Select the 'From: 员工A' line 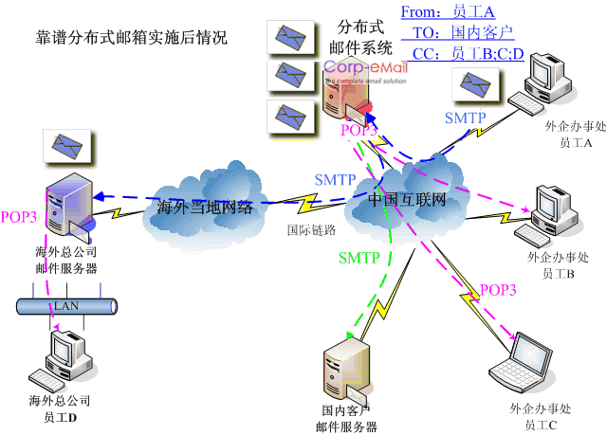coord(448,11)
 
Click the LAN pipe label coord(66,306)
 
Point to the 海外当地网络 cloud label coord(206,208)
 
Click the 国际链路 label coord(311,229)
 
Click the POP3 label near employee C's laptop coord(500,290)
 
